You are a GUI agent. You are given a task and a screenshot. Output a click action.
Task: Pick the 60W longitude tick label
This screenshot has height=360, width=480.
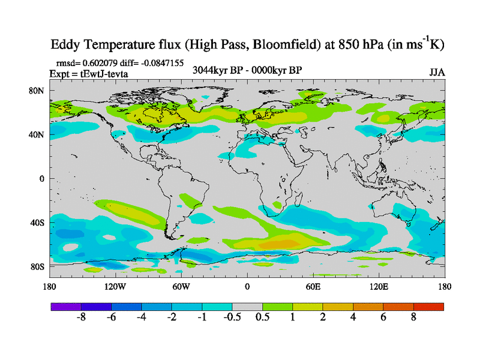pyautogui.click(x=181, y=287)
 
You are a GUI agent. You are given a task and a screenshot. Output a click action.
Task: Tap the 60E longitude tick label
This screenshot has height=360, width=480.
pyautogui.click(x=313, y=287)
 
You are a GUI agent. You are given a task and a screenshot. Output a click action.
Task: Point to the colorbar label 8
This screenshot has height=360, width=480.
pyautogui.click(x=413, y=317)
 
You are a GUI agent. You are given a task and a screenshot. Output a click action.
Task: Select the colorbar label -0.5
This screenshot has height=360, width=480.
pyautogui.click(x=232, y=317)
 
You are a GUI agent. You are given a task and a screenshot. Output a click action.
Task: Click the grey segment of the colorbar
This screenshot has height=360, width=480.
pyautogui.click(x=247, y=307)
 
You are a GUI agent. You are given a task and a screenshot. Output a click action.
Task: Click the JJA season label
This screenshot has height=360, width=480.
pyautogui.click(x=437, y=73)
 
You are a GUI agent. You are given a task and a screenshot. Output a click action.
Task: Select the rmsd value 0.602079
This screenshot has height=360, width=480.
pyautogui.click(x=98, y=63)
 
